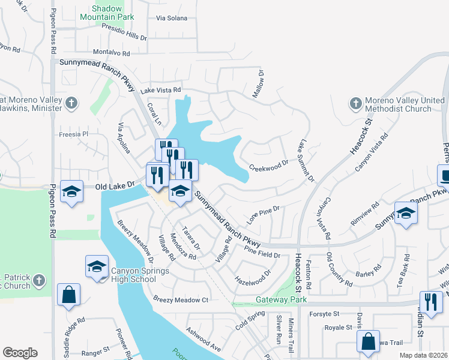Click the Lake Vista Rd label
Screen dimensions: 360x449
point(160,90)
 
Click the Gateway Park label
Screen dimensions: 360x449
point(281,299)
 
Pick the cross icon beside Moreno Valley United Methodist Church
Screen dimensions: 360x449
point(355,104)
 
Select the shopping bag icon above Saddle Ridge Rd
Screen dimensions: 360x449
point(68,295)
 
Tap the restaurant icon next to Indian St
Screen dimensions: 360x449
point(430,302)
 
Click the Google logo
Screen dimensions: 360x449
point(20,352)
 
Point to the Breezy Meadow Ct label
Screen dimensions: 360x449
point(180,299)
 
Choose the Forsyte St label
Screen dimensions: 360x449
point(324,313)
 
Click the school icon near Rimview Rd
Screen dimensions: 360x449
point(406,214)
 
